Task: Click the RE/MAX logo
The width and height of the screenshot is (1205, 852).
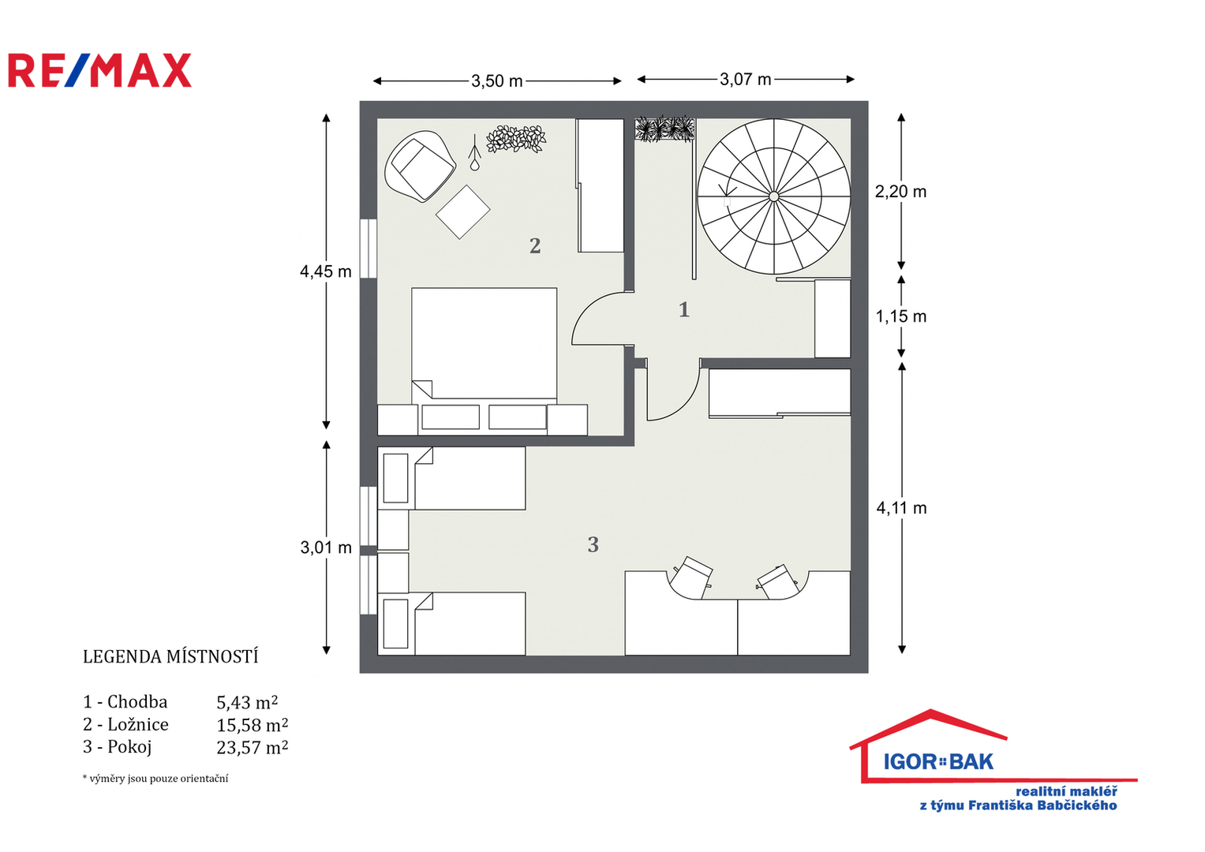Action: (x=100, y=70)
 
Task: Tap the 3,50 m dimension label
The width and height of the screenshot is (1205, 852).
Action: (x=496, y=81)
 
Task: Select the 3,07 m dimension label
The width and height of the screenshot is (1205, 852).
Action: (x=746, y=80)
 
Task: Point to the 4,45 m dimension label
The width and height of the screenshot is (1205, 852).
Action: (x=325, y=271)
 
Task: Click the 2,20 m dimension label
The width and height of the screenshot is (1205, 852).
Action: (x=900, y=192)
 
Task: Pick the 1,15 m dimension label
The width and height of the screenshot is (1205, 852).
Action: (x=901, y=316)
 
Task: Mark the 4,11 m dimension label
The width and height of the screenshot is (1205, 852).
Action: (x=902, y=508)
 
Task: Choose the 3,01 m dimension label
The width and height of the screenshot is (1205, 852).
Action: (x=326, y=547)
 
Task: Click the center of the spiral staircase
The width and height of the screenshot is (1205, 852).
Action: (x=773, y=197)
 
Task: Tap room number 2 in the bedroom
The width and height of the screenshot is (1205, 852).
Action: (x=535, y=246)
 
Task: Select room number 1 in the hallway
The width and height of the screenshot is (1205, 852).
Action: (x=683, y=309)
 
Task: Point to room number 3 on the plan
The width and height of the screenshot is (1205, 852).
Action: (x=593, y=544)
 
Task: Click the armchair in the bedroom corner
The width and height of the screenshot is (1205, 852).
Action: (x=420, y=166)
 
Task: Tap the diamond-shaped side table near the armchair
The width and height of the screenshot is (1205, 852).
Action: (x=462, y=212)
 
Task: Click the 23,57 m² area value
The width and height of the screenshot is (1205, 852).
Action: (x=253, y=748)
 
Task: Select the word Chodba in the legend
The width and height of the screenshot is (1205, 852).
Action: (x=137, y=701)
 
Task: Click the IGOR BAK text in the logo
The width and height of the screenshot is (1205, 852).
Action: (x=938, y=761)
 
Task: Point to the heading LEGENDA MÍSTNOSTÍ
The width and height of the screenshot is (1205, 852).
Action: (x=170, y=656)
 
